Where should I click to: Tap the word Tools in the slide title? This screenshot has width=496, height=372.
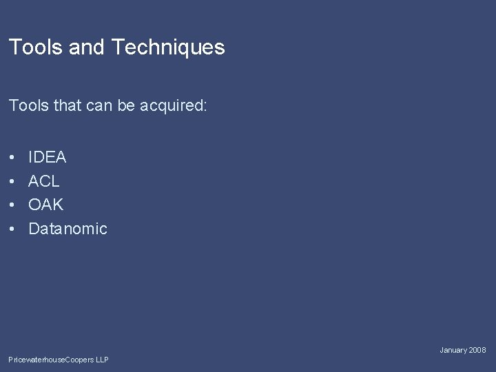[x=32, y=48]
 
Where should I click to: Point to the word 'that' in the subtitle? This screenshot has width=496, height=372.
[x=67, y=107]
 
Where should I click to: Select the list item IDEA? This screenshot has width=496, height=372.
[x=48, y=157]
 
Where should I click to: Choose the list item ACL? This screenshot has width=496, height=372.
[x=44, y=181]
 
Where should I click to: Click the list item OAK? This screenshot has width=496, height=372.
[x=45, y=205]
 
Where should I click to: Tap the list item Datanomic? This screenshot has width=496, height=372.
[x=68, y=229]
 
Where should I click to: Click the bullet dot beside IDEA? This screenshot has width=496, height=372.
[x=13, y=158]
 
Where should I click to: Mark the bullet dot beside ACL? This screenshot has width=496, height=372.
[x=13, y=182]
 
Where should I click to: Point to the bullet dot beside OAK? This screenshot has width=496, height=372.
[x=13, y=205]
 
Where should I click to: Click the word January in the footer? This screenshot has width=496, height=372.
[x=454, y=351]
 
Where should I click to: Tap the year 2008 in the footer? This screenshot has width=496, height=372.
[x=478, y=351]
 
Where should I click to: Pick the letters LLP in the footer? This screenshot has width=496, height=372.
[x=102, y=360]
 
